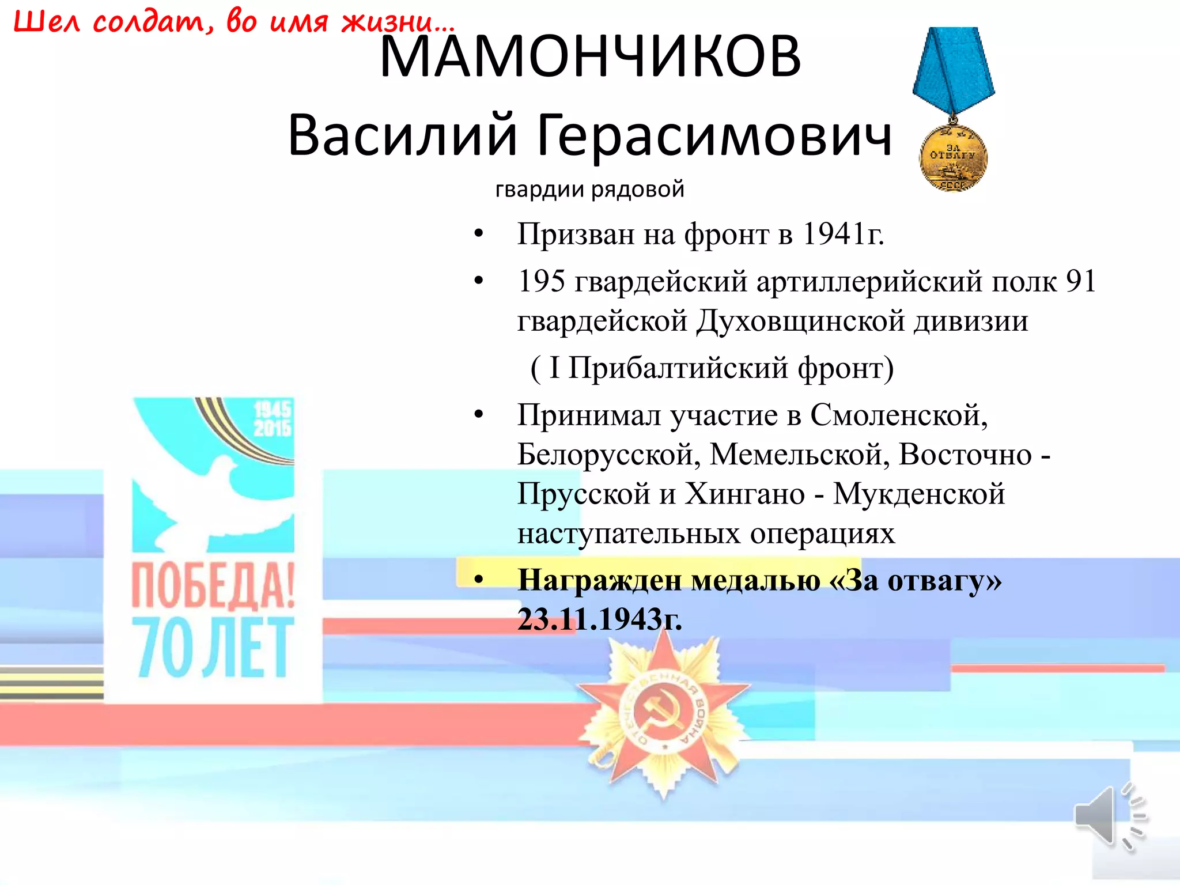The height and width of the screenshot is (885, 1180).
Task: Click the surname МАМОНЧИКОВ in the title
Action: coord(590,56)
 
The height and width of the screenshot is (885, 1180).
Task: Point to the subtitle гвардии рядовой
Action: coord(589,189)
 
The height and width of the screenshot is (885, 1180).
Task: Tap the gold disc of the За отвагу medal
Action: coord(953,158)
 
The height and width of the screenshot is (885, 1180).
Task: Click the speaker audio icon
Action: coord(1109,817)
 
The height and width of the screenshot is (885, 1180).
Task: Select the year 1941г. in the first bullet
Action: coord(844,235)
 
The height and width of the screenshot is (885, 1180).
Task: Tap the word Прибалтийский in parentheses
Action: coord(678,368)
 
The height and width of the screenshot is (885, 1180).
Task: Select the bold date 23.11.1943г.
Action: coord(599,620)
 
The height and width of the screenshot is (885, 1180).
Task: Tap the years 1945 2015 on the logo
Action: coord(272,419)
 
